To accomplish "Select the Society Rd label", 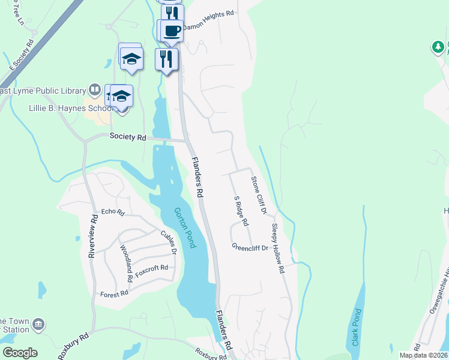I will tap(128, 137).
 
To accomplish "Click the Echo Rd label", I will tap(112, 212).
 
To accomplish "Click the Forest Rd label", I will tap(114, 293).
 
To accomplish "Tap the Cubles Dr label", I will tap(167, 242).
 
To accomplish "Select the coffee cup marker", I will tap(170, 30).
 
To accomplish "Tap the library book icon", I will tap(94, 91).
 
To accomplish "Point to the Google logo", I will tap(20, 353).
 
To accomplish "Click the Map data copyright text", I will tap(423, 355).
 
